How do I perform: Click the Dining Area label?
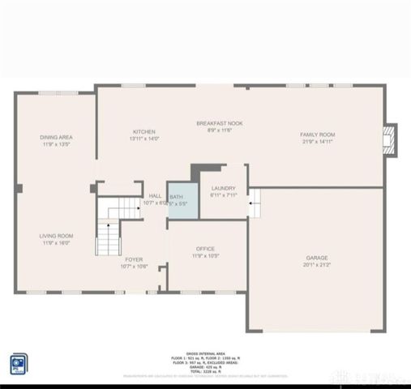56,138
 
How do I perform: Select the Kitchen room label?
144,131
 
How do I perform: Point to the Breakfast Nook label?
220,123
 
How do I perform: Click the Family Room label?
318,135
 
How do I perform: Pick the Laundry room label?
223,188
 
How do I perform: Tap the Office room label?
205,249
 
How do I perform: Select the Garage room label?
317,257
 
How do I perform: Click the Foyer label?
134,259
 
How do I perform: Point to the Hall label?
155,195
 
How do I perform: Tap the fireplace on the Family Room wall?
390,139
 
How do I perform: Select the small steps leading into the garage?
255,203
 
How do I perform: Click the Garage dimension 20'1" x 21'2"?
317,264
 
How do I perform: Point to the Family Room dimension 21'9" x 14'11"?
318,142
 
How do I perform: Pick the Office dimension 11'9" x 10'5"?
205,256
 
